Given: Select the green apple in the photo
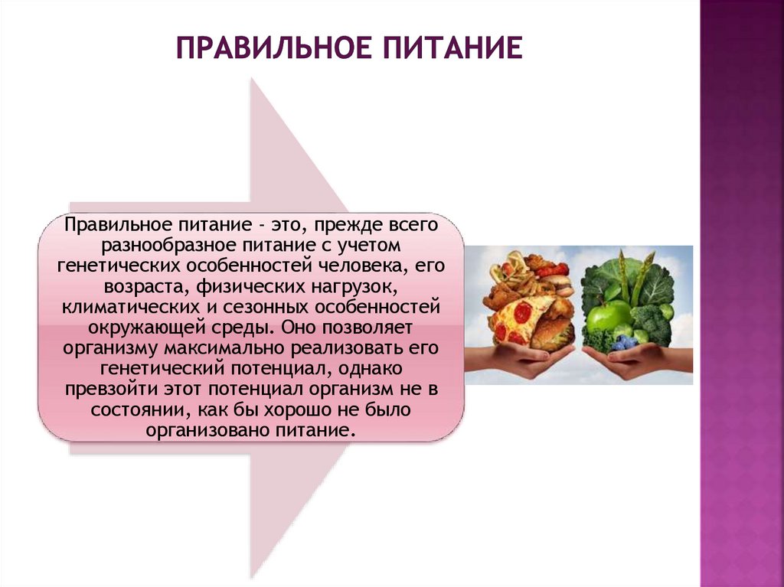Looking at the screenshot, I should [609, 315].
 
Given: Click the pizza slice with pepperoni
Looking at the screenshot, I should [521, 318].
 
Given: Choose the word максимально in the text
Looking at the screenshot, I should [237, 348].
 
